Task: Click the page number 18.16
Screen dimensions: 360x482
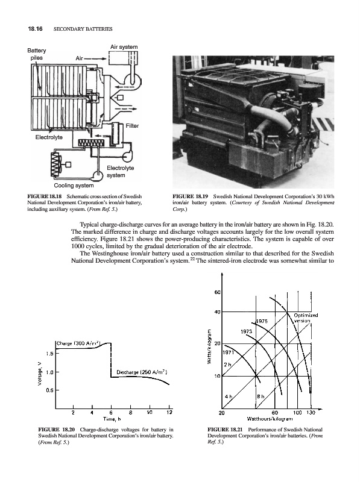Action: pos(35,29)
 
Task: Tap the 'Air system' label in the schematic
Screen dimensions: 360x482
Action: pos(124,47)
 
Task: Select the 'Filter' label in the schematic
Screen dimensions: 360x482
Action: pos(132,126)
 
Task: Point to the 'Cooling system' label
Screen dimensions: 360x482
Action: pos(74,186)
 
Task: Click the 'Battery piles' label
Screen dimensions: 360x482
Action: pos(37,54)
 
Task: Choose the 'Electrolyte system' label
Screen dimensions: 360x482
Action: pos(121,172)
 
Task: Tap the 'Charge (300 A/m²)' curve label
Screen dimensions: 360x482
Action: pos(79,343)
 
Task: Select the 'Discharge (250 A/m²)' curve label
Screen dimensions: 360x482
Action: pos(142,372)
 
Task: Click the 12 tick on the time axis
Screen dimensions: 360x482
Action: pos(169,413)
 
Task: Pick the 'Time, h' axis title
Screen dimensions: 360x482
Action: pos(112,419)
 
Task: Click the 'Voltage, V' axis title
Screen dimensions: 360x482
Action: pos(39,374)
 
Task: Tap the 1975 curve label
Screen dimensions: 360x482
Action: pos(262,321)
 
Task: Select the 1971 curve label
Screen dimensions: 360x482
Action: pos(229,352)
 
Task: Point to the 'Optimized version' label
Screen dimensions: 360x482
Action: pos(305,318)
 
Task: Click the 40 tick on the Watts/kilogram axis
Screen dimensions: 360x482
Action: pos(217,312)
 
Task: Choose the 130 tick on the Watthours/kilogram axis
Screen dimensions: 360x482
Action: pos(311,413)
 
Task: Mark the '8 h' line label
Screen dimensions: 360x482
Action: pos(261,396)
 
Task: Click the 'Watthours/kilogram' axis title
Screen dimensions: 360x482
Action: pos(269,418)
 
